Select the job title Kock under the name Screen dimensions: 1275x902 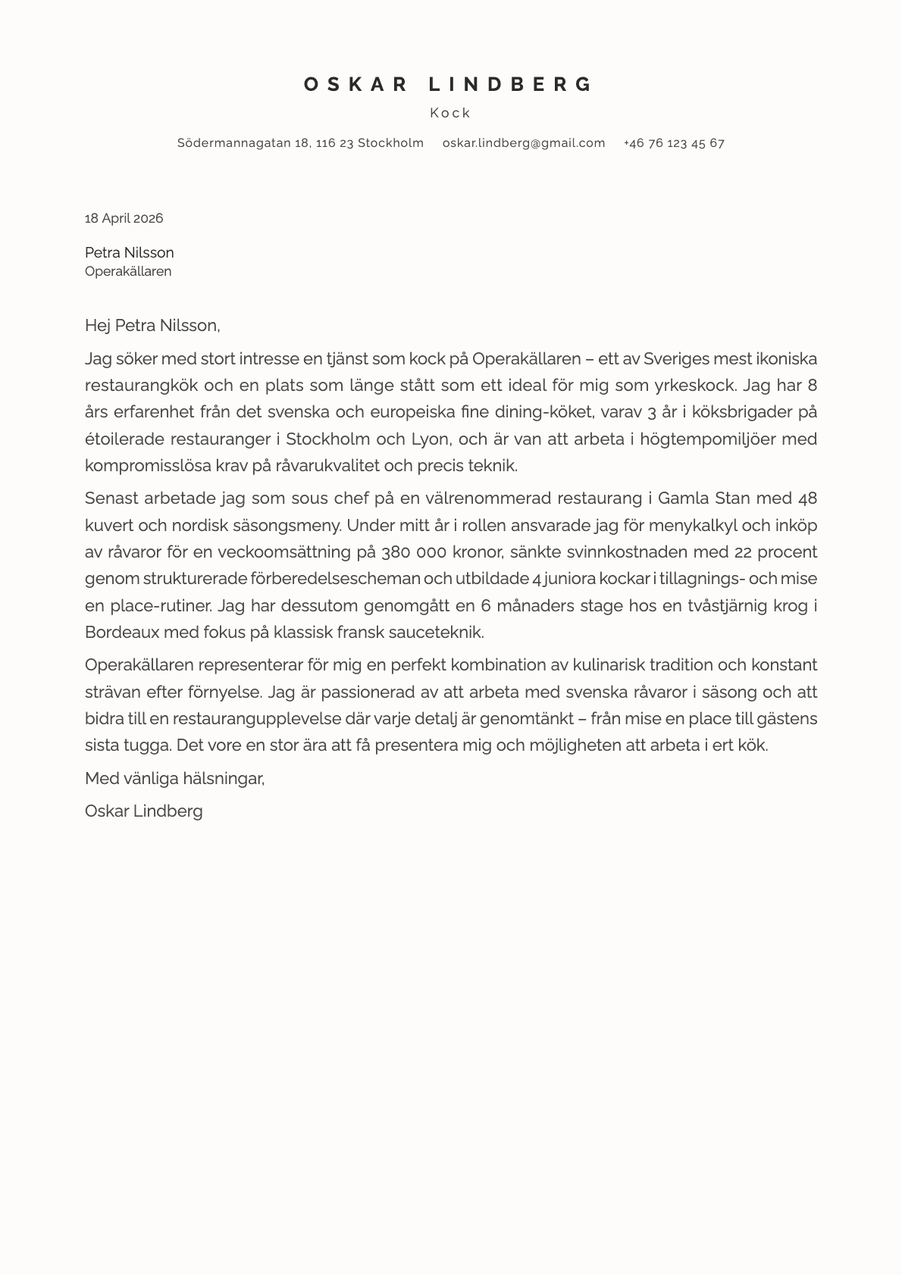point(450,113)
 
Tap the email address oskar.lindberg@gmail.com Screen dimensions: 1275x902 point(524,142)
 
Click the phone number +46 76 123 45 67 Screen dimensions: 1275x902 point(674,142)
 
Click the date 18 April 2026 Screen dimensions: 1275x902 point(124,218)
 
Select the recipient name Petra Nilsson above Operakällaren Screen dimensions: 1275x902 point(129,252)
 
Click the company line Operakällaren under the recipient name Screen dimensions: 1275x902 point(128,271)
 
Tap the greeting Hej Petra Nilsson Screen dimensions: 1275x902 point(152,326)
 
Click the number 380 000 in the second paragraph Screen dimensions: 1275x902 point(414,552)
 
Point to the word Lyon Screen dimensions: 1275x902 point(430,439)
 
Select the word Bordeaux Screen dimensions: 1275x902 point(121,632)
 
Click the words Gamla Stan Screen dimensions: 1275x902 point(703,498)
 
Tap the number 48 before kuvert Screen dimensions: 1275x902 point(807,498)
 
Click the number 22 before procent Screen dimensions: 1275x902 point(744,552)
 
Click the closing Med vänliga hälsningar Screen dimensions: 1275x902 point(174,778)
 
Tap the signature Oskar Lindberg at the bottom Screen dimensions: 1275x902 point(143,811)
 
